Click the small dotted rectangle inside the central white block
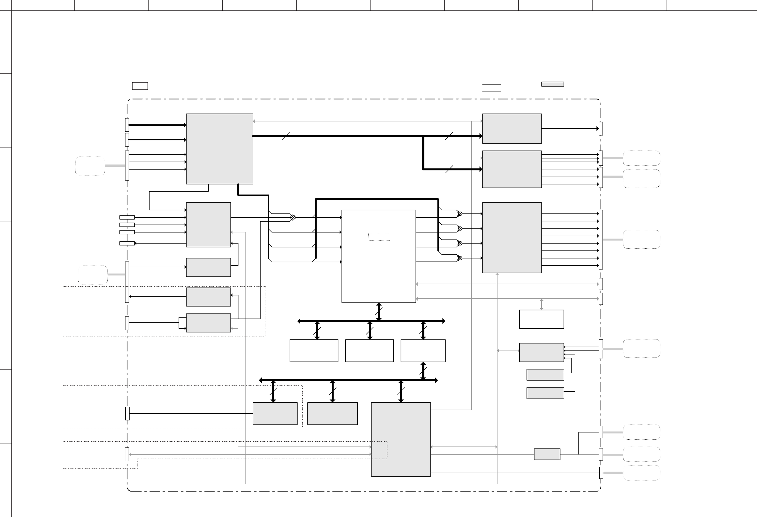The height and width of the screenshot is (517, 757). pyautogui.click(x=379, y=237)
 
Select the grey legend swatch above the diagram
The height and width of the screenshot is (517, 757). pyautogui.click(x=552, y=84)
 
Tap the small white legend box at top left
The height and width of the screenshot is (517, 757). pyautogui.click(x=140, y=86)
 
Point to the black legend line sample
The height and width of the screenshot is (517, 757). pyautogui.click(x=491, y=84)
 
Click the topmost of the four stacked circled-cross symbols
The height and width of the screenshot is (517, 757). pyautogui.click(x=460, y=214)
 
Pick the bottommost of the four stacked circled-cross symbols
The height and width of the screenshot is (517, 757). pyautogui.click(x=460, y=258)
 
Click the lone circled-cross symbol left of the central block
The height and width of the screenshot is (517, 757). pyautogui.click(x=293, y=217)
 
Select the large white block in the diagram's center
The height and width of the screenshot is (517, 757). pyautogui.click(x=379, y=256)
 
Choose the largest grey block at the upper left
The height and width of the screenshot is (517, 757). pyautogui.click(x=219, y=149)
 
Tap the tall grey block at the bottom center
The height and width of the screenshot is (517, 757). pyautogui.click(x=401, y=439)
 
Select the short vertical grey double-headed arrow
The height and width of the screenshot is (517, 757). pyautogui.click(x=542, y=304)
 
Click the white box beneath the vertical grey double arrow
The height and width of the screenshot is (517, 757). pyautogui.click(x=541, y=319)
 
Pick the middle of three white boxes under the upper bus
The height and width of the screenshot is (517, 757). pyautogui.click(x=369, y=351)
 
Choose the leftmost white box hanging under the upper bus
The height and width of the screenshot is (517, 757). pyautogui.click(x=314, y=351)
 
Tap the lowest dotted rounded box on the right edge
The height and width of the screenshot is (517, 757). pyautogui.click(x=641, y=473)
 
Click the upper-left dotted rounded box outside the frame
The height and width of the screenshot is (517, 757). pyautogui.click(x=90, y=166)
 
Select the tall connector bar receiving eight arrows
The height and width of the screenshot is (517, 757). pyautogui.click(x=601, y=240)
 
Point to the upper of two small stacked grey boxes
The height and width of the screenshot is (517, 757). pyautogui.click(x=545, y=375)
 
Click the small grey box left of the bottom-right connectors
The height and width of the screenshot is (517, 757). pyautogui.click(x=547, y=454)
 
